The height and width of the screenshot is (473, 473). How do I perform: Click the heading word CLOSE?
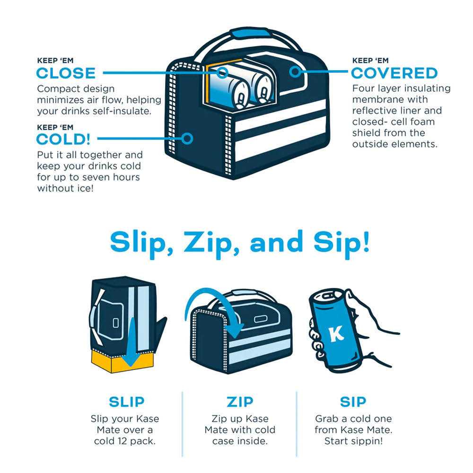click(x=66, y=73)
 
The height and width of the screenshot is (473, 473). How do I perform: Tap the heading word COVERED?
click(x=394, y=73)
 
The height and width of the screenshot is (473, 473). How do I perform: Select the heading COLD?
click(x=63, y=140)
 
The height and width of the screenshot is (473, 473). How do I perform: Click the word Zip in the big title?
click(x=209, y=242)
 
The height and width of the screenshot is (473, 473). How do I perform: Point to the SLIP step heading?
click(x=127, y=402)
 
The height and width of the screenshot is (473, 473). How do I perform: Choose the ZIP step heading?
click(x=240, y=402)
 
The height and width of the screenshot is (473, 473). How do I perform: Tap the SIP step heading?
click(x=353, y=402)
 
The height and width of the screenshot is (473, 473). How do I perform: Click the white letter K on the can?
click(x=336, y=333)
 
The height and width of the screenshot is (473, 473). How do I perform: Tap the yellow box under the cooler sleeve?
click(x=122, y=361)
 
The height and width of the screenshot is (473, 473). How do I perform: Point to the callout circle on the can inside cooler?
click(x=223, y=73)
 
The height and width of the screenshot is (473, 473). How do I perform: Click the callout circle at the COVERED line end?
click(x=295, y=72)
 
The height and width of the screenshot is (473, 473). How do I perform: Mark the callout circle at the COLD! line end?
click(x=187, y=139)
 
